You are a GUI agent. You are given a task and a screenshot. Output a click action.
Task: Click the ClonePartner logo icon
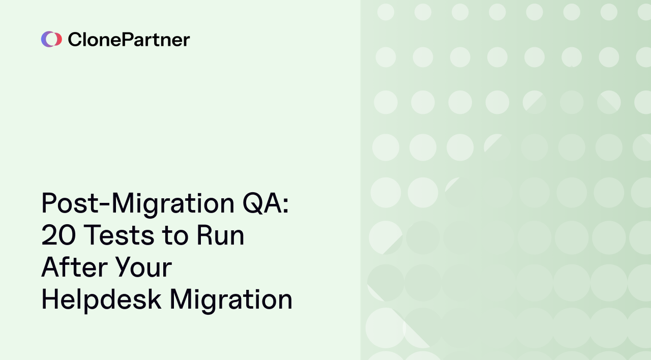[x=51, y=39]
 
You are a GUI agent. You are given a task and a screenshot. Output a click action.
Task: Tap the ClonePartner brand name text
[x=129, y=40]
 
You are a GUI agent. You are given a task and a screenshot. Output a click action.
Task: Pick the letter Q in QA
[x=253, y=203]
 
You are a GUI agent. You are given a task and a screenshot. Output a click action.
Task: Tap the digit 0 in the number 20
[x=68, y=235]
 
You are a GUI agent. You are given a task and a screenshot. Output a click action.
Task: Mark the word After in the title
[x=71, y=267]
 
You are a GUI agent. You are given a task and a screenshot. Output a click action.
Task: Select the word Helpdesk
[x=101, y=299]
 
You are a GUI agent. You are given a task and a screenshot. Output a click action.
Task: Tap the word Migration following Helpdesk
[x=231, y=299]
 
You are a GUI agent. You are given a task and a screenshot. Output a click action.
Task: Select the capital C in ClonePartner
[x=74, y=40]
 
